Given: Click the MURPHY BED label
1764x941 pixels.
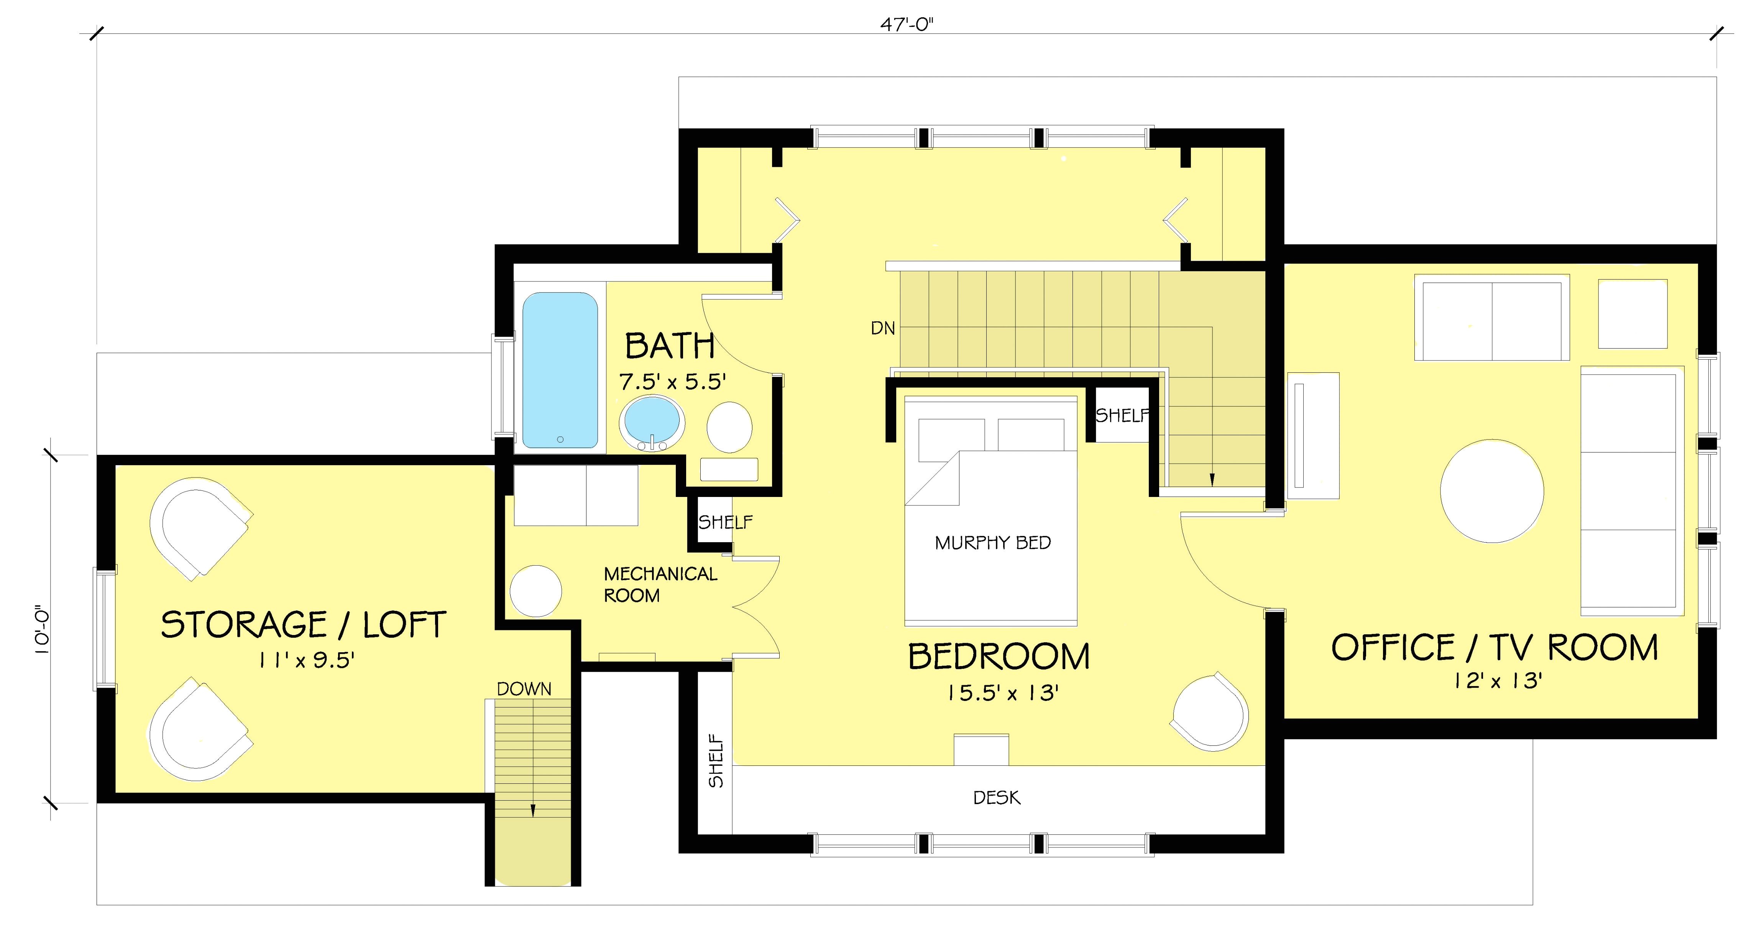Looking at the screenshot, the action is (x=992, y=543).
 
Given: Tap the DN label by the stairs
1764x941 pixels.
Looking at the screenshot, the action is (x=883, y=329).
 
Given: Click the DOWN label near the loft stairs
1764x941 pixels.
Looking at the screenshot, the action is (x=524, y=689).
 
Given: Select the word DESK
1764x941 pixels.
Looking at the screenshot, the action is (x=996, y=798).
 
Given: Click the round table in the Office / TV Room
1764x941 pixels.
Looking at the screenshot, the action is (x=1492, y=491).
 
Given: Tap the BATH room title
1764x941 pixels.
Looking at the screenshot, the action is (x=670, y=347).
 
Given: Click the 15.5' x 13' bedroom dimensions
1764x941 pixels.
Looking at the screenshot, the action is (x=1003, y=694).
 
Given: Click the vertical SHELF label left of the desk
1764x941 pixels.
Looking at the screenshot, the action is (x=716, y=761).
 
